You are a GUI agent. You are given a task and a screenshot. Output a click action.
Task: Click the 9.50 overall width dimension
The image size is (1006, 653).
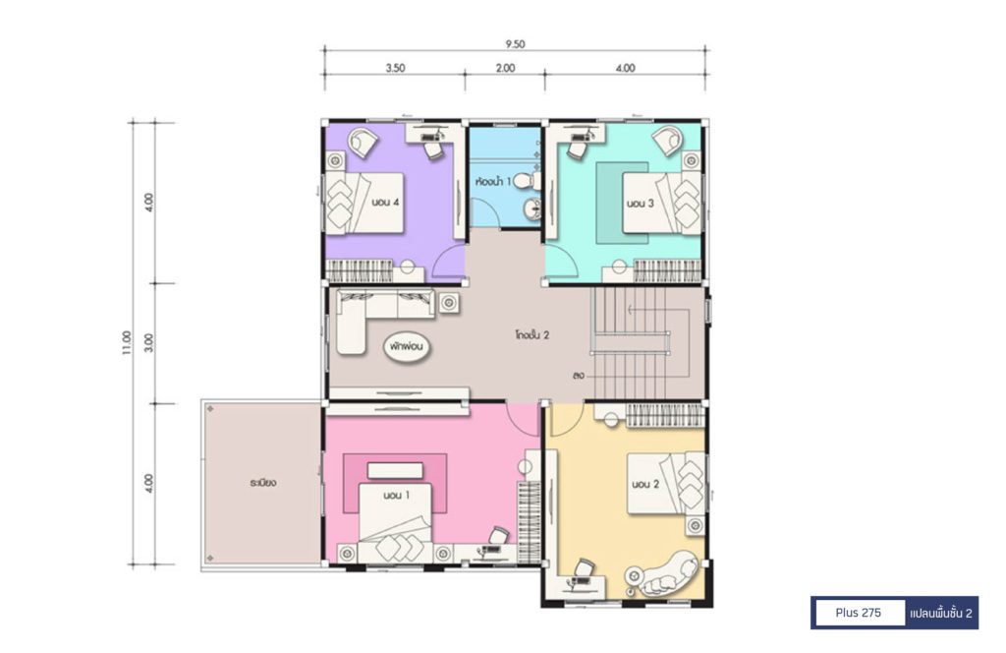(515, 44)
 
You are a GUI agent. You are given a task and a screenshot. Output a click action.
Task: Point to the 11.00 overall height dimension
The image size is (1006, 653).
(127, 343)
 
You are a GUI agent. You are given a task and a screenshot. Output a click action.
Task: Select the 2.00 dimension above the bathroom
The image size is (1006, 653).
(505, 68)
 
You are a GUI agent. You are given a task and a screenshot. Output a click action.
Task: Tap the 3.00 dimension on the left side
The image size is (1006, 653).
(149, 343)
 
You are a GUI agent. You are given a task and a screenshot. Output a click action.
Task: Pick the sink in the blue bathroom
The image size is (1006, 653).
(532, 208)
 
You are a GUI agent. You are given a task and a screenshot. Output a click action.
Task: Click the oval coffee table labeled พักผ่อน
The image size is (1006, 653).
(407, 347)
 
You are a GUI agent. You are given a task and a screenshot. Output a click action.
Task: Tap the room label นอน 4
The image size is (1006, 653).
(385, 203)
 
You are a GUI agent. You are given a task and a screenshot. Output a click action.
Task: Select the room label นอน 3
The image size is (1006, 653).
(640, 204)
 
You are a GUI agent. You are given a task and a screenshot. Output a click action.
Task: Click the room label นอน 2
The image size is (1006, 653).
(644, 484)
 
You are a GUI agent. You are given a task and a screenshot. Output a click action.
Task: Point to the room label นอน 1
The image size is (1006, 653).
(397, 495)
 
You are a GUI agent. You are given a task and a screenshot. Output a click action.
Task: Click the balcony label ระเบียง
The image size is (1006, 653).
(263, 482)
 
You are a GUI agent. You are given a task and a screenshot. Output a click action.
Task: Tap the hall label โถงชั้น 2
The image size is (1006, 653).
(531, 334)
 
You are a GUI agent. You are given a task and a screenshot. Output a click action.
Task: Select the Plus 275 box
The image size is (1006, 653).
(859, 613)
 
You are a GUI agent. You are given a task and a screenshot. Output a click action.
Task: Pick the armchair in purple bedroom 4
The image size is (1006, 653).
(363, 142)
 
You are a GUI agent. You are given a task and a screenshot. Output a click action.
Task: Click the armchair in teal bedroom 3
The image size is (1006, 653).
(668, 140)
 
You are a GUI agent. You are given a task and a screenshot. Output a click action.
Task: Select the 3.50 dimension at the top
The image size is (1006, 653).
(395, 68)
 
